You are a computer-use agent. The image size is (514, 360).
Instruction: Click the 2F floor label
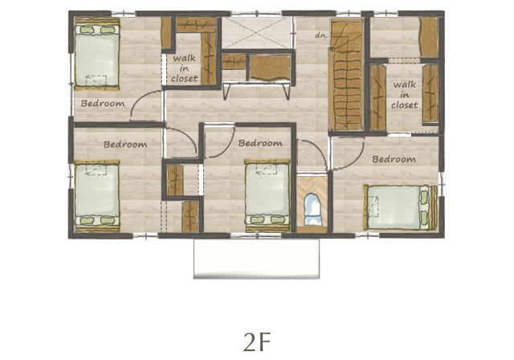(257, 342)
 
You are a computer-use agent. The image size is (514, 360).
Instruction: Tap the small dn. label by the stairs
(321, 35)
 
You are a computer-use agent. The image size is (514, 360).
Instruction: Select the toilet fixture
(312, 210)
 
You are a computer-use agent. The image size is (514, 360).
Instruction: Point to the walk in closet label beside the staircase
(405, 95)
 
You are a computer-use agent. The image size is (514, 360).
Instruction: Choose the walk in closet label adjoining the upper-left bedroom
(184, 68)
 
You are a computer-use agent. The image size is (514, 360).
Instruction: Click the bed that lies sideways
(400, 207)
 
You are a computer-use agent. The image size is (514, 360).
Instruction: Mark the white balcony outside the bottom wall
(256, 259)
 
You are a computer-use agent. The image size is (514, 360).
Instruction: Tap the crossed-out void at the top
(257, 32)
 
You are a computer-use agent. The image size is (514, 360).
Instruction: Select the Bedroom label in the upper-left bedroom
(103, 104)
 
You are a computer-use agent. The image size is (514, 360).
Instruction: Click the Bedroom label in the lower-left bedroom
(125, 145)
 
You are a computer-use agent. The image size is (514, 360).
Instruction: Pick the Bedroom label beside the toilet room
(260, 143)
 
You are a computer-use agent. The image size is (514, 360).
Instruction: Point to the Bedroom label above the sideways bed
(394, 159)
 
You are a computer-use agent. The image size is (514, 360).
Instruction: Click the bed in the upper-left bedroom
(97, 54)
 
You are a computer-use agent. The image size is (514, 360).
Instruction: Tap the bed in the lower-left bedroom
(97, 196)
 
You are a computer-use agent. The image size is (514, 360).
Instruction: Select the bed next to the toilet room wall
(267, 196)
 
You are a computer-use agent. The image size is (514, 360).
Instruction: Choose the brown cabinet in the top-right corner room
(429, 38)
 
